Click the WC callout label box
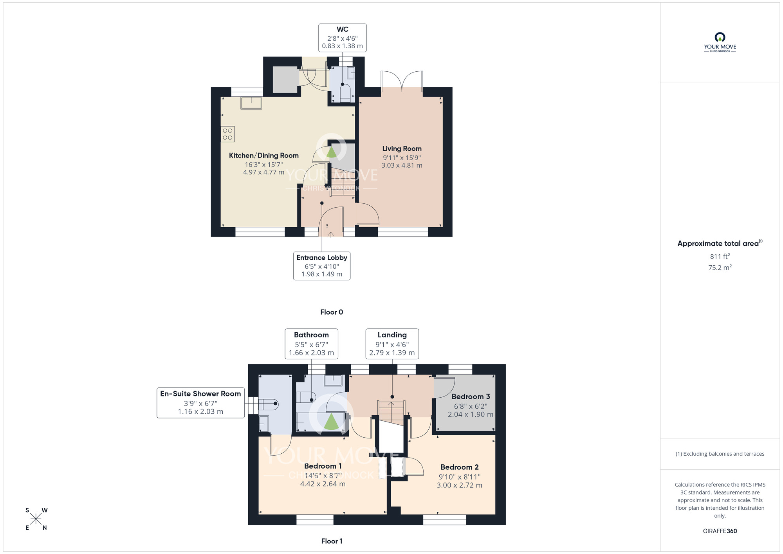(343, 38)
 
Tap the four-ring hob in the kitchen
(228, 134)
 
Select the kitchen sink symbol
(251, 103)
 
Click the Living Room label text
(402, 148)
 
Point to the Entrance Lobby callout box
(322, 266)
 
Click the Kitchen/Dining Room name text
(264, 156)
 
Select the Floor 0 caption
(332, 312)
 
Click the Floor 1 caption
(332, 541)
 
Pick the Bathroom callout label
(312, 344)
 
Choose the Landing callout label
(392, 344)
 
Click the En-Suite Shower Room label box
(201, 403)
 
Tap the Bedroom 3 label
(471, 396)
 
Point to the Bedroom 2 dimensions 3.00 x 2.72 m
(460, 485)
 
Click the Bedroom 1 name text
(323, 466)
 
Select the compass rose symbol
(36, 519)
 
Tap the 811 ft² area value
(720, 256)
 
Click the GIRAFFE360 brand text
(720, 531)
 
